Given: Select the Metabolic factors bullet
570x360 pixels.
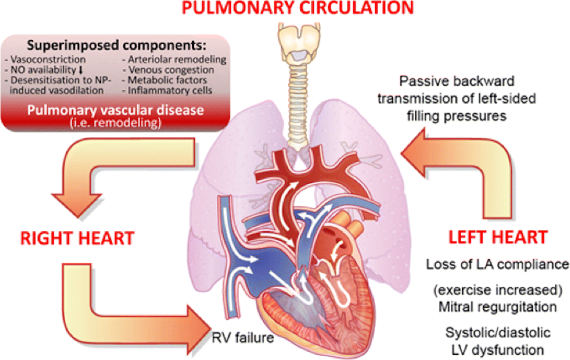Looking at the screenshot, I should pos(168,80).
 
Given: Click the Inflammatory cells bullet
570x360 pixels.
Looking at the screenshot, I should pos(170,90).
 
